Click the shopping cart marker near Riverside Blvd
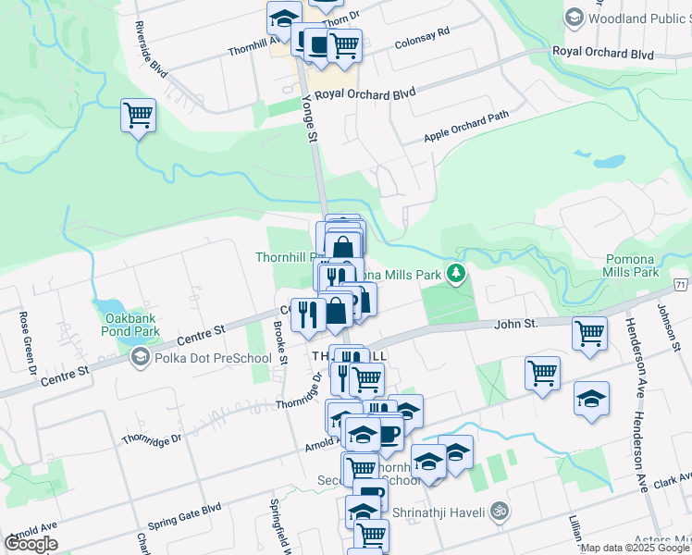click(x=138, y=117)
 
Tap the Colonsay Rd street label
click(x=421, y=37)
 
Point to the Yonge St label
click(x=312, y=122)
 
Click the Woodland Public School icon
click(x=574, y=18)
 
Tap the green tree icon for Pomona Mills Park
click(x=455, y=273)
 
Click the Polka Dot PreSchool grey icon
click(x=139, y=357)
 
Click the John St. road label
click(x=515, y=324)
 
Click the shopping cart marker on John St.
click(x=589, y=334)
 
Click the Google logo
click(x=31, y=544)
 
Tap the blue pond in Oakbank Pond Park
click(x=106, y=306)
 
